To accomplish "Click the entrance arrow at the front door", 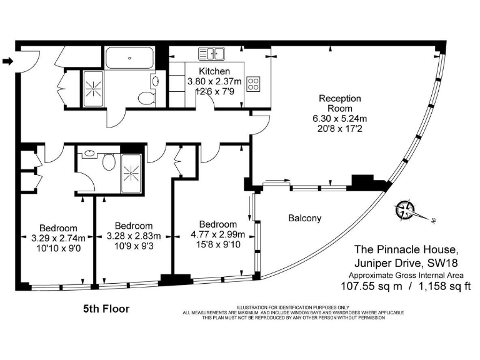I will click(x=7, y=61).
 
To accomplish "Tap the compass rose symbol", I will click(x=407, y=211).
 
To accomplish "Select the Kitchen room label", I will click(x=214, y=71).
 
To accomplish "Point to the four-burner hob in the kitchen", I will click(x=253, y=83).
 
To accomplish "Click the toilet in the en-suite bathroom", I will click(x=109, y=162).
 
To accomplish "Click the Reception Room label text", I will click(x=340, y=103).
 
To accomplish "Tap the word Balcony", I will click(x=304, y=218).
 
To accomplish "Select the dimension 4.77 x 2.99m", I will click(x=217, y=234).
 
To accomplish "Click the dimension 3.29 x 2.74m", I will click(x=58, y=237).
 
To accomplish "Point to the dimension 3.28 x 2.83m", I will click(x=134, y=236).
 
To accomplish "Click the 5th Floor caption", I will click(x=106, y=309).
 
